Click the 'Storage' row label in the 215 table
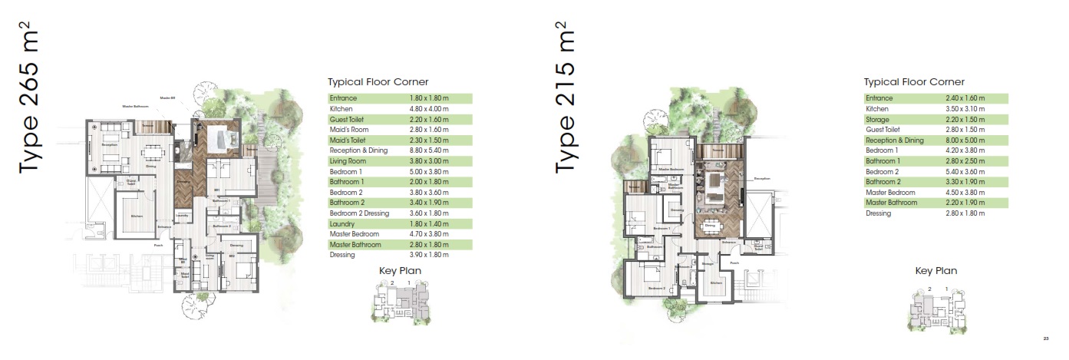click(x=878, y=121)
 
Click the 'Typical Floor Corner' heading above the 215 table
click(x=914, y=82)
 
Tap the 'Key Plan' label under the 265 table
click(x=400, y=270)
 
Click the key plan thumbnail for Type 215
click(x=934, y=307)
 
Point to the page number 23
click(x=1046, y=339)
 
